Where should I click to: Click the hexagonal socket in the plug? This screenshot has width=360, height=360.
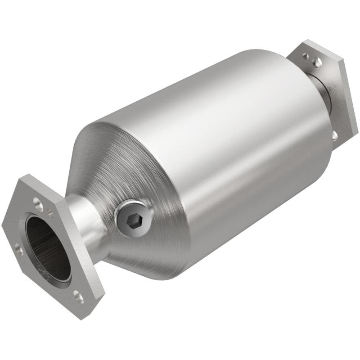pos(133,219)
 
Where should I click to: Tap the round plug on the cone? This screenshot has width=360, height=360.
pos(133,219)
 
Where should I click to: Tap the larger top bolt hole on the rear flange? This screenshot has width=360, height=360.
pos(318,62)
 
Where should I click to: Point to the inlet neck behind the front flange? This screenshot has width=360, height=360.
pos(88,225)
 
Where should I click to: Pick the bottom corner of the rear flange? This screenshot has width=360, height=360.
pos(337,148)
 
